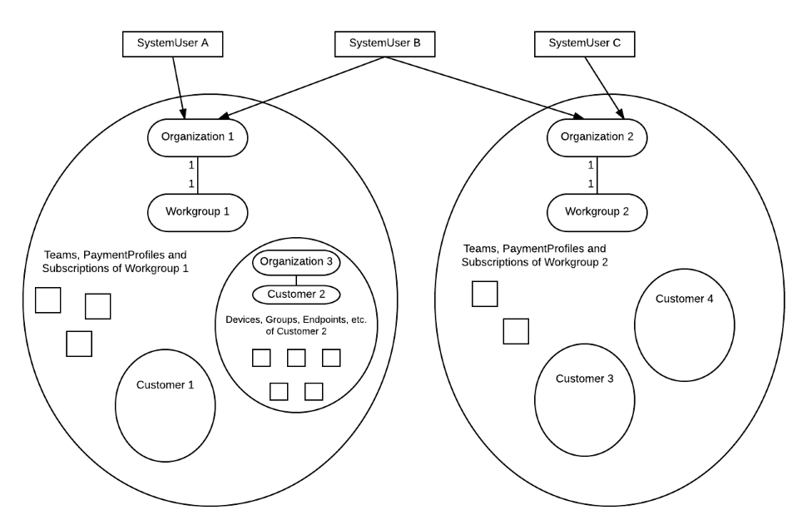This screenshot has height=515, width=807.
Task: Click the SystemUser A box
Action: click(x=172, y=44)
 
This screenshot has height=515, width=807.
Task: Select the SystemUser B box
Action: click(x=384, y=44)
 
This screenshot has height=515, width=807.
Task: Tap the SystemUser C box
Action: click(x=584, y=44)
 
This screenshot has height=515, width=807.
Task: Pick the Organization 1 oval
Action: click(x=197, y=137)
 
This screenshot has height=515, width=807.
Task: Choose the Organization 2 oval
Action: click(x=597, y=137)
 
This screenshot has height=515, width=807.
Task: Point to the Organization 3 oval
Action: click(x=296, y=262)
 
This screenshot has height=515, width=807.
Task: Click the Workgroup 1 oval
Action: click(x=197, y=212)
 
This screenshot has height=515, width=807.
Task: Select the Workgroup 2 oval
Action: click(x=597, y=212)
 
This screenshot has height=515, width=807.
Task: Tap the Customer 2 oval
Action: click(x=296, y=295)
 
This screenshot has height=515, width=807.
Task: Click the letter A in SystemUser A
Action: click(x=205, y=43)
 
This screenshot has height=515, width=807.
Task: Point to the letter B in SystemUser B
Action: click(x=417, y=43)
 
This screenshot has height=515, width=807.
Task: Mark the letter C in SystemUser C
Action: click(x=616, y=43)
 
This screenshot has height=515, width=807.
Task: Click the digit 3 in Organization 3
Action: click(x=329, y=261)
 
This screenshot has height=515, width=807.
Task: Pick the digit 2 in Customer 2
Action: click(x=322, y=295)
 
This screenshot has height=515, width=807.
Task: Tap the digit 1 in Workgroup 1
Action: click(x=226, y=211)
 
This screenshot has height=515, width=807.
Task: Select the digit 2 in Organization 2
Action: click(x=630, y=136)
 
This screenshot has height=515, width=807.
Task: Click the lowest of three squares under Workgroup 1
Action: click(x=79, y=344)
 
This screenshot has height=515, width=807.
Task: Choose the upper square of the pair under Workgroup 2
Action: click(x=485, y=294)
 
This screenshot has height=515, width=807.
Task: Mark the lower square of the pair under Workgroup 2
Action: click(x=516, y=331)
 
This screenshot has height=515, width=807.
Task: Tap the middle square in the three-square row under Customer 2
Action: click(x=296, y=358)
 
